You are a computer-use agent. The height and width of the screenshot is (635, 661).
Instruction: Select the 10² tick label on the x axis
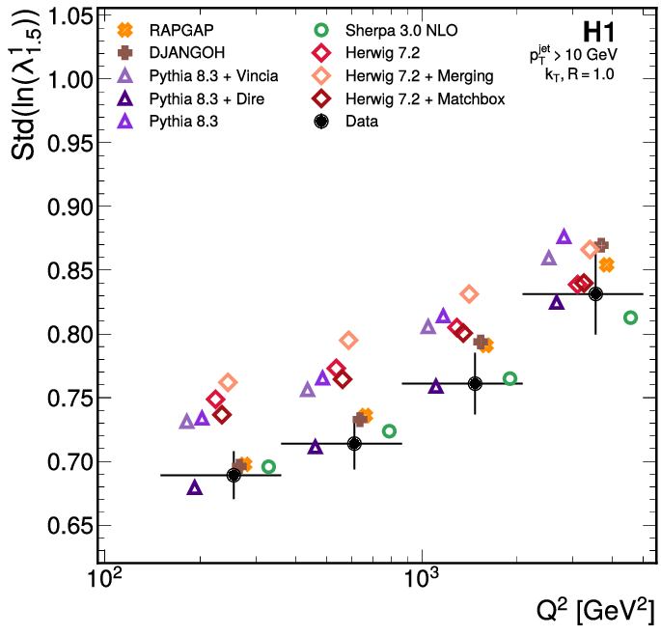pyautogui.click(x=104, y=581)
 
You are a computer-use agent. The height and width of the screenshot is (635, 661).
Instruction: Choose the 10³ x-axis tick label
pyautogui.click(x=421, y=581)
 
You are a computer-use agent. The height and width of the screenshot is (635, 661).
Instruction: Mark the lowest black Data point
pyautogui.click(x=234, y=475)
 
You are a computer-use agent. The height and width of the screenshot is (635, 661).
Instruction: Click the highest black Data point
pyautogui.click(x=595, y=293)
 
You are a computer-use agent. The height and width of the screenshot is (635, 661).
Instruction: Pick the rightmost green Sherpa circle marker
pyautogui.click(x=630, y=317)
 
